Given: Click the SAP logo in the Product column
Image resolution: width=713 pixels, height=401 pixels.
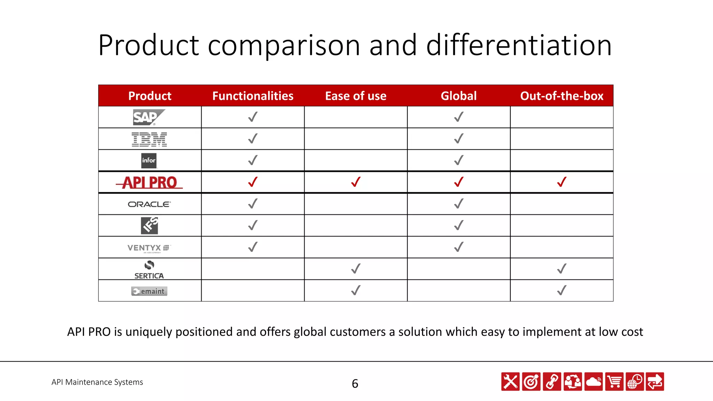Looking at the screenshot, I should point(149,117).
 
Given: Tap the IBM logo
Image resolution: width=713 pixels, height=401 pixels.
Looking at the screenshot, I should point(149,139).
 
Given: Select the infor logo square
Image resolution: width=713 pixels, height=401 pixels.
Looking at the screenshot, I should point(149,160).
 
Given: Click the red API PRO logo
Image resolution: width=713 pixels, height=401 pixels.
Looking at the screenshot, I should point(149,182).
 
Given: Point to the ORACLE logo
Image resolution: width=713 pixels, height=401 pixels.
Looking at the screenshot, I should point(149,204).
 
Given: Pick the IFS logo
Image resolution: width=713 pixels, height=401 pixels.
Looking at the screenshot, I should point(149,226).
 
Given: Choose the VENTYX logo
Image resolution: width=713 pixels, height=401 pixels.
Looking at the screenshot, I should point(149,248).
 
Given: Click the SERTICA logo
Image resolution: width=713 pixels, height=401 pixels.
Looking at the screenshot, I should point(149,270).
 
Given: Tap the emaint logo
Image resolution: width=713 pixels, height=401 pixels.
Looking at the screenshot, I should point(149,291).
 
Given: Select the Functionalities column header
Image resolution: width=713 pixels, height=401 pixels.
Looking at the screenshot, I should point(253,96).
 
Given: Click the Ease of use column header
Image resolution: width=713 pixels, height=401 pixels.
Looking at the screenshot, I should point(355,96).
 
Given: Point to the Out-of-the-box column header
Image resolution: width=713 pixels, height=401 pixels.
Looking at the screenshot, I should point(562,96).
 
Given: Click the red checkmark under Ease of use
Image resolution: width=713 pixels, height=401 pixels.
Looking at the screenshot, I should point(356,182).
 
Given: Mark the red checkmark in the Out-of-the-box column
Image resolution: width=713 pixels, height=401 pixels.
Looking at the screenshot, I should point(562,182).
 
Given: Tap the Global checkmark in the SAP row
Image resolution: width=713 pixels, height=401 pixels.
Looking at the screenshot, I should point(459,117).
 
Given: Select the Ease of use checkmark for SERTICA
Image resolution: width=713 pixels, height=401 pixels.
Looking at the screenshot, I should point(356,269).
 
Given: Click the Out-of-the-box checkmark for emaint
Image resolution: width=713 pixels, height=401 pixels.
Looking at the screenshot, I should point(562,290).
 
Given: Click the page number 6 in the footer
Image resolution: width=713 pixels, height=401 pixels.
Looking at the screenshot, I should point(355,383).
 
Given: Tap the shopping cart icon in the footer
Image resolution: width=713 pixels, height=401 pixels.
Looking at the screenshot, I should point(614,382).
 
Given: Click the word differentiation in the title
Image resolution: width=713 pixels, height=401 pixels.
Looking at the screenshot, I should point(519,45).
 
